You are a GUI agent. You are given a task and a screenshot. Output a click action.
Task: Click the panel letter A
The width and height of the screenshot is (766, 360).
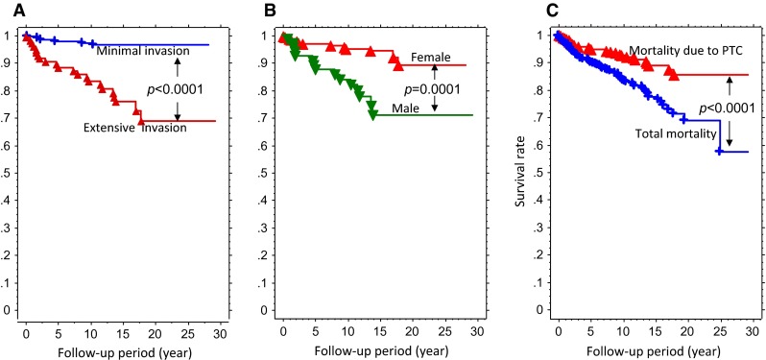click(8, 12)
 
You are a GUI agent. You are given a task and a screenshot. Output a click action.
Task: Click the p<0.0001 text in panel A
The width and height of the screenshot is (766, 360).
click(179, 89)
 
